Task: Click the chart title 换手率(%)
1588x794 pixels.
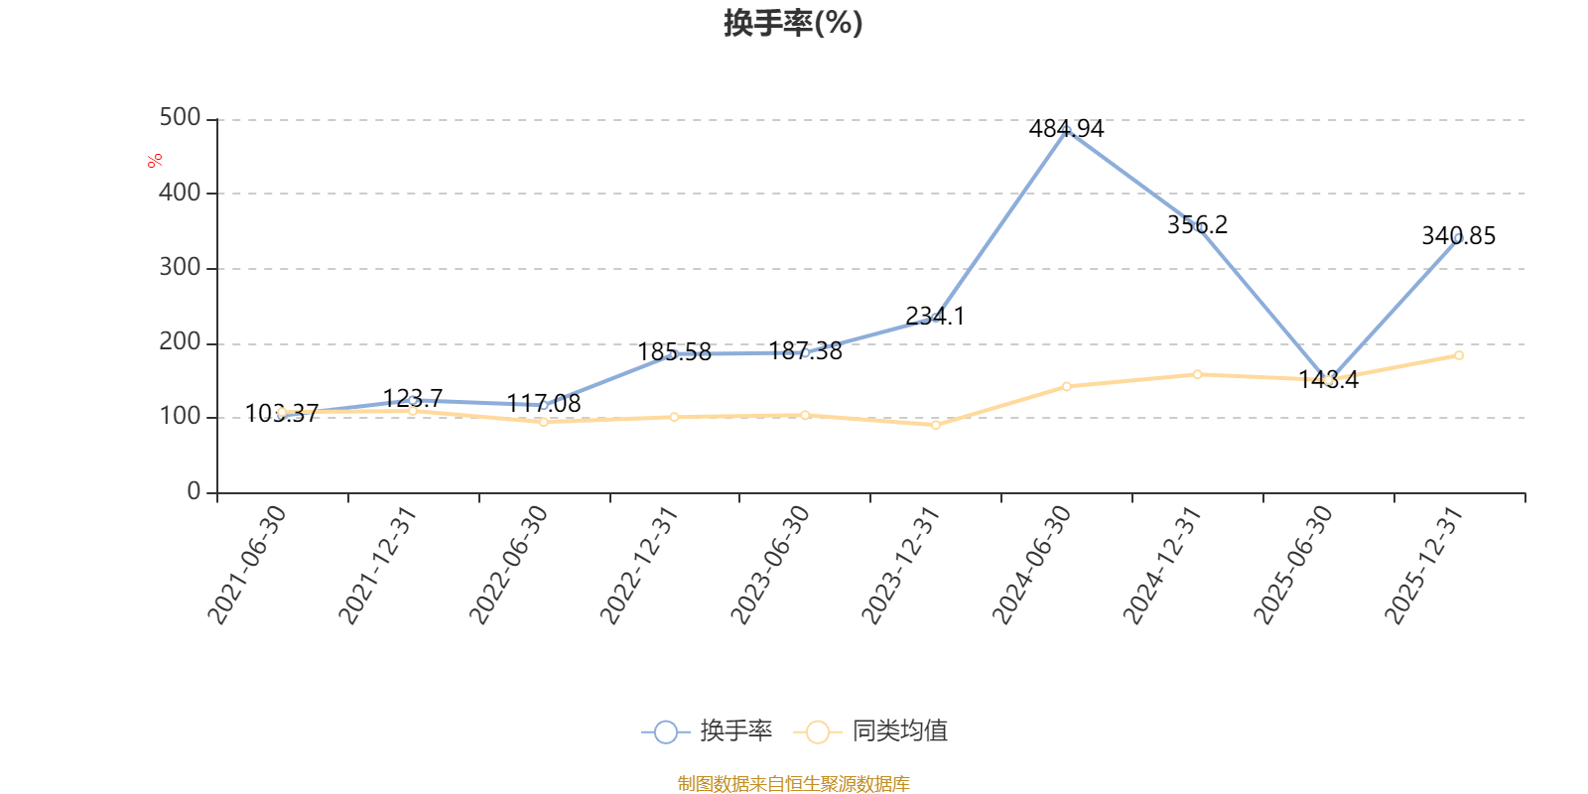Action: coord(793,23)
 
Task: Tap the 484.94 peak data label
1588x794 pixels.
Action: coord(1066,129)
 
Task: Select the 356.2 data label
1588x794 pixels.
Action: coord(1197,225)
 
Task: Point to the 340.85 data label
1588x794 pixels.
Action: coord(1458,236)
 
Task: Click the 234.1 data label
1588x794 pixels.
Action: coord(935,317)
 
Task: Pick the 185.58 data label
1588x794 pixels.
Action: coord(674,352)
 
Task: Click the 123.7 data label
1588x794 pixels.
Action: coord(413,398)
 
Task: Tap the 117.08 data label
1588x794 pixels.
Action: coord(544,404)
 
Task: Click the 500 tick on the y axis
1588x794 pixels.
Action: coord(180,118)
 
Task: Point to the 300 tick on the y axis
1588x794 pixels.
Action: coord(180,268)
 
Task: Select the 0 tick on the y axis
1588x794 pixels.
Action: coord(194,492)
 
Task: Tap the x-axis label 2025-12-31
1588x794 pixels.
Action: coord(1425,565)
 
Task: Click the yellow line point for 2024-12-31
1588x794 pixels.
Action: coord(1197,374)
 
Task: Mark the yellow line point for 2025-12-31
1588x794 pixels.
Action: coord(1458,355)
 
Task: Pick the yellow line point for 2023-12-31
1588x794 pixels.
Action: coord(935,425)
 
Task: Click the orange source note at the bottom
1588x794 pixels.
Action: coord(793,784)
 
